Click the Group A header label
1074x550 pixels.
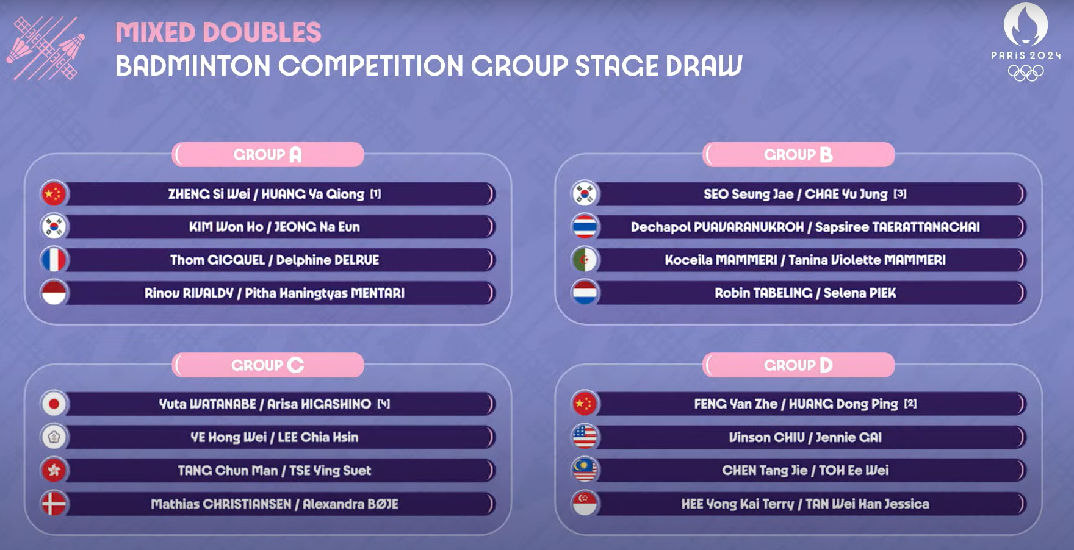(x=268, y=154)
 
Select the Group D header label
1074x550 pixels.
(x=798, y=365)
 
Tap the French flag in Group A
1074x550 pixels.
(x=54, y=260)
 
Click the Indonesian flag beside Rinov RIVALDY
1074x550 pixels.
(x=54, y=293)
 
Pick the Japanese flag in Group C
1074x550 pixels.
(x=54, y=404)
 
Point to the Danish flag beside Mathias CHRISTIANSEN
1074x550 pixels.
(x=54, y=504)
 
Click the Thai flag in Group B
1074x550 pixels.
(x=585, y=227)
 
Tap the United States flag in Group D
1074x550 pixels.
(x=585, y=437)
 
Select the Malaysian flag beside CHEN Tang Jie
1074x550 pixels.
(x=585, y=470)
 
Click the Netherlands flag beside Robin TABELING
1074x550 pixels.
(x=585, y=293)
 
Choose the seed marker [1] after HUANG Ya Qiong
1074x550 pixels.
(x=375, y=194)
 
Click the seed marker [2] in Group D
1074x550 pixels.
(x=910, y=404)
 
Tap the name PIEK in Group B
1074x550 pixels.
(x=882, y=293)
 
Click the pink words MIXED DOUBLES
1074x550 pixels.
(x=218, y=32)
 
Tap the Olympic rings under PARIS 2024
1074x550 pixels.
(x=1026, y=73)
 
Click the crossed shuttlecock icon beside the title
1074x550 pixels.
(x=46, y=48)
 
